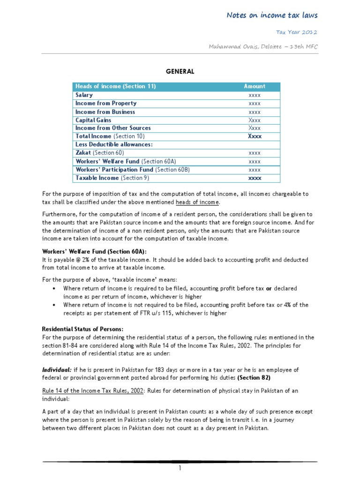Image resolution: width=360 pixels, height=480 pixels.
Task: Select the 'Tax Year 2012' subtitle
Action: pyautogui.click(x=302, y=32)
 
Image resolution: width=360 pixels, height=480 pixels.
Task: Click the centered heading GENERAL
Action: pyautogui.click(x=180, y=71)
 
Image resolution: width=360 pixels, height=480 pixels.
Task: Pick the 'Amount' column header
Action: pyautogui.click(x=255, y=86)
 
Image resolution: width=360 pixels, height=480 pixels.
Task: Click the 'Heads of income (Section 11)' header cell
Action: pyautogui.click(x=115, y=86)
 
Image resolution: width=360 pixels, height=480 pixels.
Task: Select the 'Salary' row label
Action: pyautogui.click(x=84, y=95)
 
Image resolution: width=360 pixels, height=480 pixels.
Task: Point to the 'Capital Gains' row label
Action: pyautogui.click(x=93, y=120)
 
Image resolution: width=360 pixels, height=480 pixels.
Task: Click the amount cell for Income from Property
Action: pyautogui.click(x=255, y=103)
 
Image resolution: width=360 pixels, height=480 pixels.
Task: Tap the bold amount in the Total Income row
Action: pyautogui.click(x=255, y=136)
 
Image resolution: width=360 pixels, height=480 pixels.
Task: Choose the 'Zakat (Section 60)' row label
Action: pyautogui.click(x=98, y=153)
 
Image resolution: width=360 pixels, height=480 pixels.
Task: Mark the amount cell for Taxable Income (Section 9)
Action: pyautogui.click(x=255, y=178)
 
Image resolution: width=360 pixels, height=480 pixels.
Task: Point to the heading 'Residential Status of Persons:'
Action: pyautogui.click(x=83, y=329)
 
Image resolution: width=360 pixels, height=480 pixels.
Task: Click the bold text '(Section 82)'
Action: pyautogui.click(x=254, y=378)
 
